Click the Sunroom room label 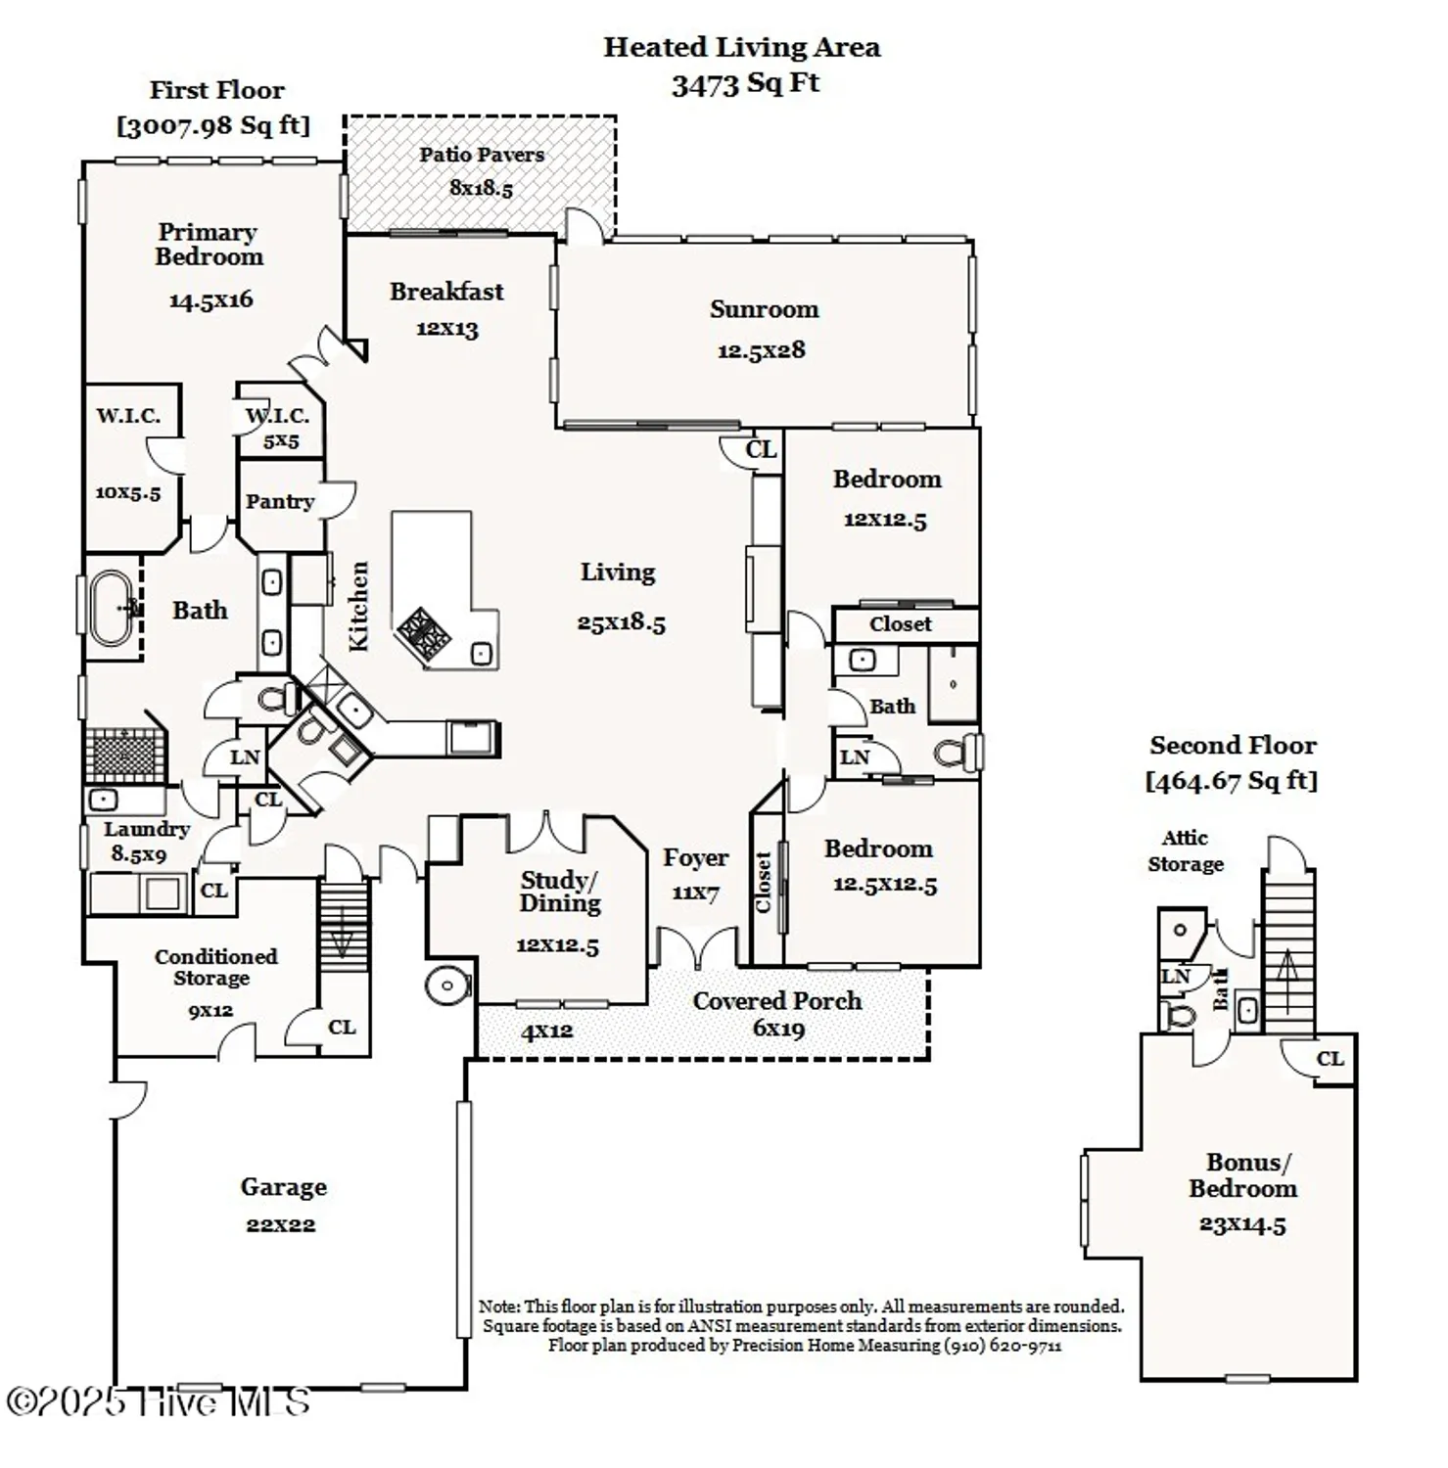pyautogui.click(x=764, y=309)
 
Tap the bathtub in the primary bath pyautogui.click(x=112, y=608)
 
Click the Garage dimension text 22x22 pyautogui.click(x=281, y=1224)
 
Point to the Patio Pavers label pyautogui.click(x=482, y=155)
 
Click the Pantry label pyautogui.click(x=280, y=501)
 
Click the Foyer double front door pyautogui.click(x=697, y=947)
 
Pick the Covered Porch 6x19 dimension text pyautogui.click(x=778, y=1028)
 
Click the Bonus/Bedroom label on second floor pyautogui.click(x=1243, y=1175)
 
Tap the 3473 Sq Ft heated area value pyautogui.click(x=745, y=83)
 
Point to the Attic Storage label pyautogui.click(x=1186, y=850)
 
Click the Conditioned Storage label pyautogui.click(x=215, y=967)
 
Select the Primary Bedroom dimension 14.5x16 pyautogui.click(x=210, y=299)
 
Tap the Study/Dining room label pyautogui.click(x=559, y=891)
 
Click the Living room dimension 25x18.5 pyautogui.click(x=621, y=622)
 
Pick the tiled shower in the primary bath pyautogui.click(x=122, y=755)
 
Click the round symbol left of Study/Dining pyautogui.click(x=447, y=986)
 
